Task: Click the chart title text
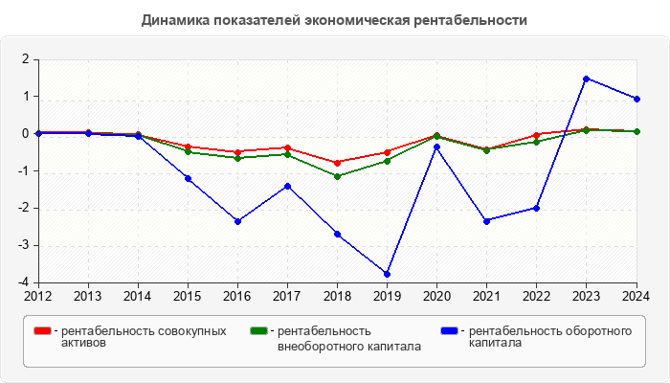[x=334, y=20]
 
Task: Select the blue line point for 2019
[x=388, y=274]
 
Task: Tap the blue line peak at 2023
[x=587, y=79]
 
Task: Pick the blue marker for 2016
[x=237, y=221]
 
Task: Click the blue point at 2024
[x=636, y=99]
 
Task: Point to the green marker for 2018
[x=337, y=176]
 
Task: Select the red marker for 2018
[x=337, y=163]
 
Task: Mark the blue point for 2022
[x=537, y=208]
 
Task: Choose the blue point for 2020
[x=437, y=146]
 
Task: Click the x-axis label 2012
[x=38, y=295]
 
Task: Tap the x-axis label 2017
[x=287, y=295]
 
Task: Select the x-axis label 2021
[x=487, y=295]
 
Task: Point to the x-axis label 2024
[x=636, y=295]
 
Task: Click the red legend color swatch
[x=42, y=331]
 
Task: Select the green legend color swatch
[x=257, y=331]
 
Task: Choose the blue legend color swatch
[x=449, y=331]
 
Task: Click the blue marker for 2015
[x=188, y=178]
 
